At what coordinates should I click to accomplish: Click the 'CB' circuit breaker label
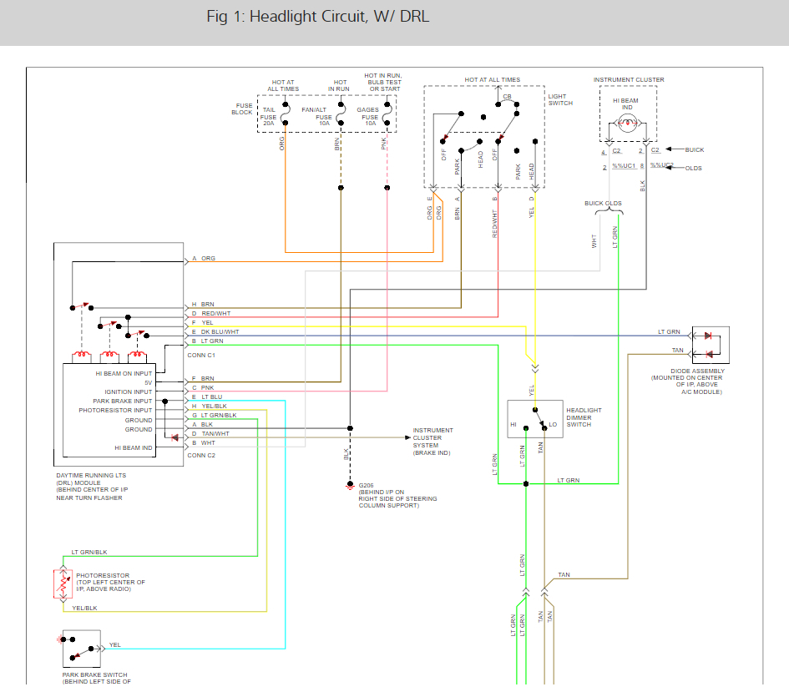[x=507, y=97]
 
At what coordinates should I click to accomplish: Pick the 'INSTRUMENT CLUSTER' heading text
[x=629, y=80]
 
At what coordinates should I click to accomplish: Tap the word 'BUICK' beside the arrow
[x=694, y=150]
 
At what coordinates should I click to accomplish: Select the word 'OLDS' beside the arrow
[x=693, y=168]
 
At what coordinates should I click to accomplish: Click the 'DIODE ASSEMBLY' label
[x=697, y=371]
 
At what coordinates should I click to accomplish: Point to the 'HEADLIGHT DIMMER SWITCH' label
[x=584, y=417]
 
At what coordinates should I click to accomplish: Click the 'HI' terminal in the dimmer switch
[x=514, y=424]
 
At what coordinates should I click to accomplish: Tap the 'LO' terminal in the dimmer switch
[x=552, y=424]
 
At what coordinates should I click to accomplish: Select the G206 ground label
[x=366, y=486]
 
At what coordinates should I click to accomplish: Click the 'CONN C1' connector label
[x=202, y=355]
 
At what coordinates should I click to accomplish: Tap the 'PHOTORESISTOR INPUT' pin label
[x=115, y=411]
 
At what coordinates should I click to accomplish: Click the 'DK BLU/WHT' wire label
[x=220, y=331]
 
